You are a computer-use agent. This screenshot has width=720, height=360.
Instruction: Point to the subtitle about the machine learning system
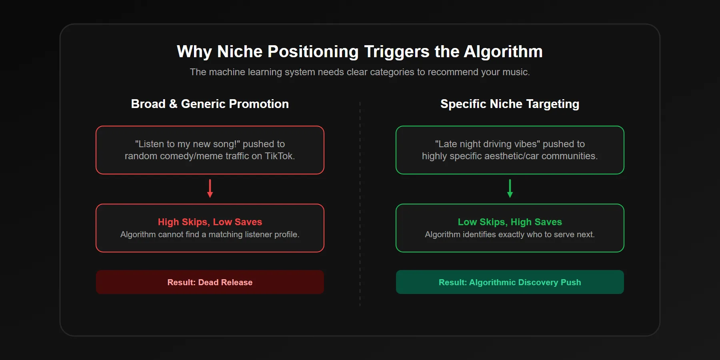click(360, 72)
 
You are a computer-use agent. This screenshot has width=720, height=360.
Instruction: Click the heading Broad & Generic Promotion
click(210, 104)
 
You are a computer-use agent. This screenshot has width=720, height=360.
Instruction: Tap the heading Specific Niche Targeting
click(510, 104)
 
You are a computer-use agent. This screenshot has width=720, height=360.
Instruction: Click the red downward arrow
click(210, 188)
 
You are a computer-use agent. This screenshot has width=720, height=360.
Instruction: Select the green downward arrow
click(510, 188)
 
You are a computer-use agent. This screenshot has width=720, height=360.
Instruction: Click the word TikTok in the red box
click(279, 156)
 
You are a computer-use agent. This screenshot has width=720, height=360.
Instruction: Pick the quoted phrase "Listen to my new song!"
click(188, 144)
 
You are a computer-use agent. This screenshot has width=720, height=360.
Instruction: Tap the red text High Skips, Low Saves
click(210, 222)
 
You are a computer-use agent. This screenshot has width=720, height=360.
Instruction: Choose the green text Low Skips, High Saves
click(510, 222)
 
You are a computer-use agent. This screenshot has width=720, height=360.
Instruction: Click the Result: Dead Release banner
click(210, 282)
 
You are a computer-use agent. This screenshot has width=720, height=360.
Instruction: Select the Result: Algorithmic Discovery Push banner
click(510, 282)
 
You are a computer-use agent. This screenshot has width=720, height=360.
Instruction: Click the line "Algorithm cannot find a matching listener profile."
click(210, 234)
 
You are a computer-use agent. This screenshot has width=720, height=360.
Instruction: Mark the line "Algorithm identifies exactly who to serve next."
click(510, 234)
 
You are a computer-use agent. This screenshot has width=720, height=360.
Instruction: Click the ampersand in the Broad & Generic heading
click(173, 104)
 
